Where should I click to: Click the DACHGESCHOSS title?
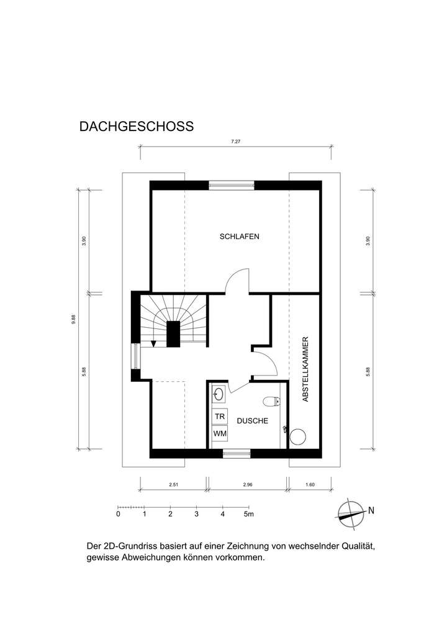point(137,127)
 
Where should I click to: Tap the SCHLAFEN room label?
point(239,237)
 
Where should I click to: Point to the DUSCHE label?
point(252,421)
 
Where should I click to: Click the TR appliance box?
point(220,416)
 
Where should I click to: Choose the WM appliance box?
point(220,433)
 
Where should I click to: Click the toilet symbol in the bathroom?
point(271,400)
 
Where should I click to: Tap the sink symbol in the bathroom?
point(219,394)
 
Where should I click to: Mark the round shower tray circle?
point(298,436)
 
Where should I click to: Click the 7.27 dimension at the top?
point(235,142)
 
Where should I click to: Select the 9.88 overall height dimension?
point(74,319)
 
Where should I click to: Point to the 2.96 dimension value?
point(246,484)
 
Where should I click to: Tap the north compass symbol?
point(351,512)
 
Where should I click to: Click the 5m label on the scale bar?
point(250,515)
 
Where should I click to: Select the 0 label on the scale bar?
point(118,515)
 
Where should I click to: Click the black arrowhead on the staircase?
point(154,343)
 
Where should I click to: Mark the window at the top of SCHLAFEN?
point(231,184)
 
